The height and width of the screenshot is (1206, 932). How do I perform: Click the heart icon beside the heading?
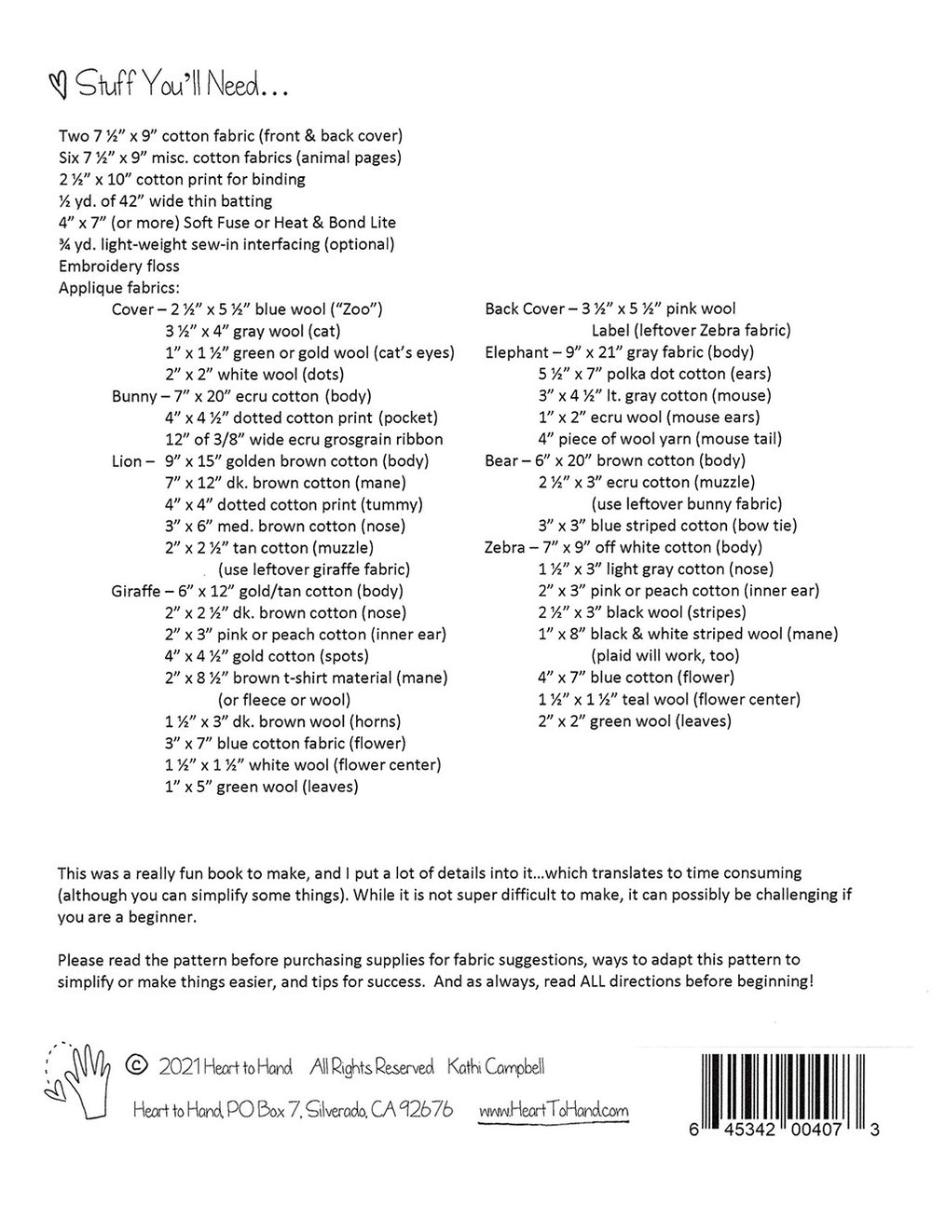[61, 87]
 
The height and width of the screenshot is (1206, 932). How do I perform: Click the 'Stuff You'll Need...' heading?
[183, 87]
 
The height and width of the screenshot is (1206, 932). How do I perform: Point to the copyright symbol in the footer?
[137, 1065]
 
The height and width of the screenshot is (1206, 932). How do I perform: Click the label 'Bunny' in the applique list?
[133, 396]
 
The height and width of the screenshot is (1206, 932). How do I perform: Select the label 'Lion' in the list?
[128, 461]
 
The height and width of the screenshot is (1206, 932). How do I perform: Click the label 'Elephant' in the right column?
[516, 352]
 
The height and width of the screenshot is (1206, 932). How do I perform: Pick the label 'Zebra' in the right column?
[505, 547]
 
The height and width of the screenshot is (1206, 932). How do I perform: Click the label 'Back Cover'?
[525, 308]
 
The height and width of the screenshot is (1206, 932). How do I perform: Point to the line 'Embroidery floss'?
[118, 266]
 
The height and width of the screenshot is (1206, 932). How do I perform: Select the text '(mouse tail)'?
[739, 439]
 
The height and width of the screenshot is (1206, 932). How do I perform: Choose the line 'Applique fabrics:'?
[118, 287]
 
